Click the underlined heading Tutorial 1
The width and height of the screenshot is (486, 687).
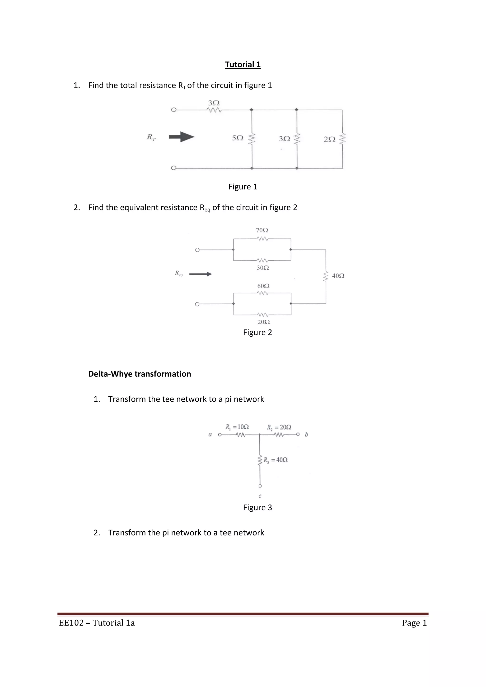(243, 65)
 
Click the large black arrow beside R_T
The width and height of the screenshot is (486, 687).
(182, 137)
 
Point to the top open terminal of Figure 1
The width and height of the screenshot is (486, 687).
(173, 110)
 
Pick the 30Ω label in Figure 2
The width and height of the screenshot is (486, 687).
(263, 268)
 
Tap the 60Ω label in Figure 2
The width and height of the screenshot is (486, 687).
(263, 286)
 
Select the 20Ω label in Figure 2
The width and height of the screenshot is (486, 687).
(264, 322)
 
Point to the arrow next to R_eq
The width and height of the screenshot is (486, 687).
(201, 274)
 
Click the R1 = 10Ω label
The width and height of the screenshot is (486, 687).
(237, 427)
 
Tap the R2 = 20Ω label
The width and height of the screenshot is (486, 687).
(279, 427)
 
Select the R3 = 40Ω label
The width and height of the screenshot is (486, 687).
(276, 460)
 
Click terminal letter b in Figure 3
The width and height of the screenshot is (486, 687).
(306, 434)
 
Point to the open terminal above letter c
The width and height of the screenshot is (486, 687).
(260, 486)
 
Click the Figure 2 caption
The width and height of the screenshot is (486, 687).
(257, 332)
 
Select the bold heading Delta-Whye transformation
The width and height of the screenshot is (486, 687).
(140, 374)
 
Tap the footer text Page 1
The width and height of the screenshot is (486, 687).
(414, 623)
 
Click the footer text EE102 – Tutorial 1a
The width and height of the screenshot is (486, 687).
(97, 623)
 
